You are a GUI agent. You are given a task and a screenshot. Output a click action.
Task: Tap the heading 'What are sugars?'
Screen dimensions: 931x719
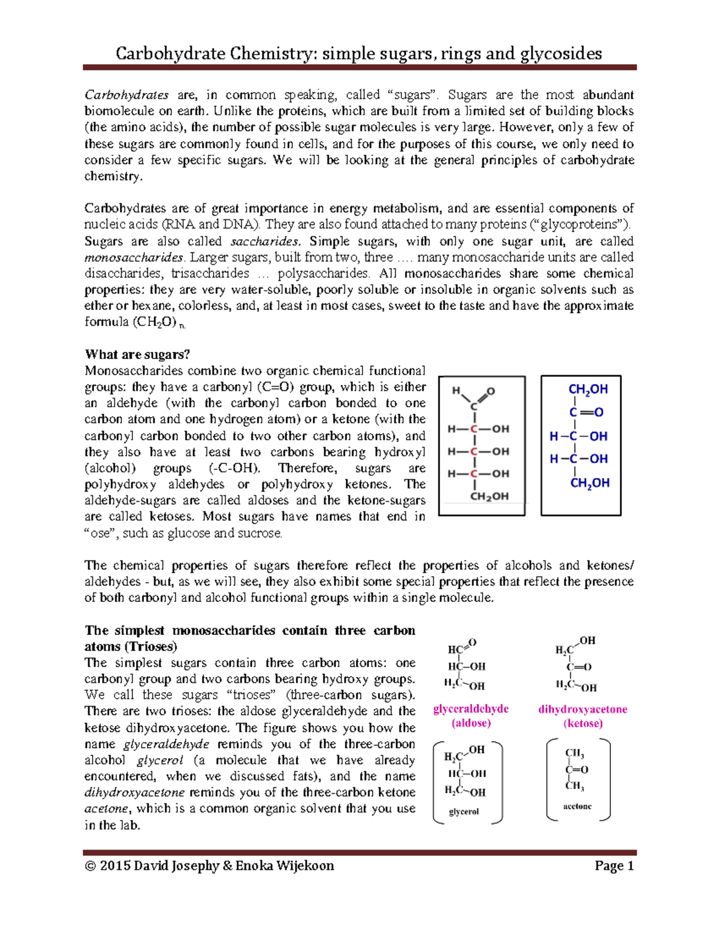[x=137, y=354]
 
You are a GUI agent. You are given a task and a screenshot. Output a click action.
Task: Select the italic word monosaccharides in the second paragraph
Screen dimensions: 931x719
[x=134, y=257]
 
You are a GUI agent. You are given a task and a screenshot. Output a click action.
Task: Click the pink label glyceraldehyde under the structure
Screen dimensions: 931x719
[x=470, y=709]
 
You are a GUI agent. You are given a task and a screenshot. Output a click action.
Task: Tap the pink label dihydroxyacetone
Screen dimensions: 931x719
[x=582, y=709]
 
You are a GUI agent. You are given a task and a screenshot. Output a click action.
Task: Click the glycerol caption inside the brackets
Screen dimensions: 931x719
[x=464, y=812]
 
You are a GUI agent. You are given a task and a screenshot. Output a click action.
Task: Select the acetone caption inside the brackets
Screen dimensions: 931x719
[x=577, y=806]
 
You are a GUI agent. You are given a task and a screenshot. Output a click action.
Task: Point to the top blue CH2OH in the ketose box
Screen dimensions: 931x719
[x=588, y=390]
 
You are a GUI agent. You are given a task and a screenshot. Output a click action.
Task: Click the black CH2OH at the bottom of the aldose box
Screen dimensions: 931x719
[x=489, y=496]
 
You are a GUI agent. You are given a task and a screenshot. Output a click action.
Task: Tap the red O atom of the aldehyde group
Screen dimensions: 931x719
[x=491, y=391]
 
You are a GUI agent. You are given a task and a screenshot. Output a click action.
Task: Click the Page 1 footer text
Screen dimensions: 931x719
[x=614, y=866]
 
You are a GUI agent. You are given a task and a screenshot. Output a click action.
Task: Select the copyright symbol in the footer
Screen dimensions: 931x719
[x=90, y=866]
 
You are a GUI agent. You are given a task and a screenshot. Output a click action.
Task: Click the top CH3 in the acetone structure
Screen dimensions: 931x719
[x=574, y=754]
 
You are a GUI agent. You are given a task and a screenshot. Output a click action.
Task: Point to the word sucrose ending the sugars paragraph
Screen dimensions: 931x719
[x=261, y=533]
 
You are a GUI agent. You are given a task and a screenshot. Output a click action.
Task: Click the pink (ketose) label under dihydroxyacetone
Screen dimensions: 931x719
[x=582, y=724]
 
